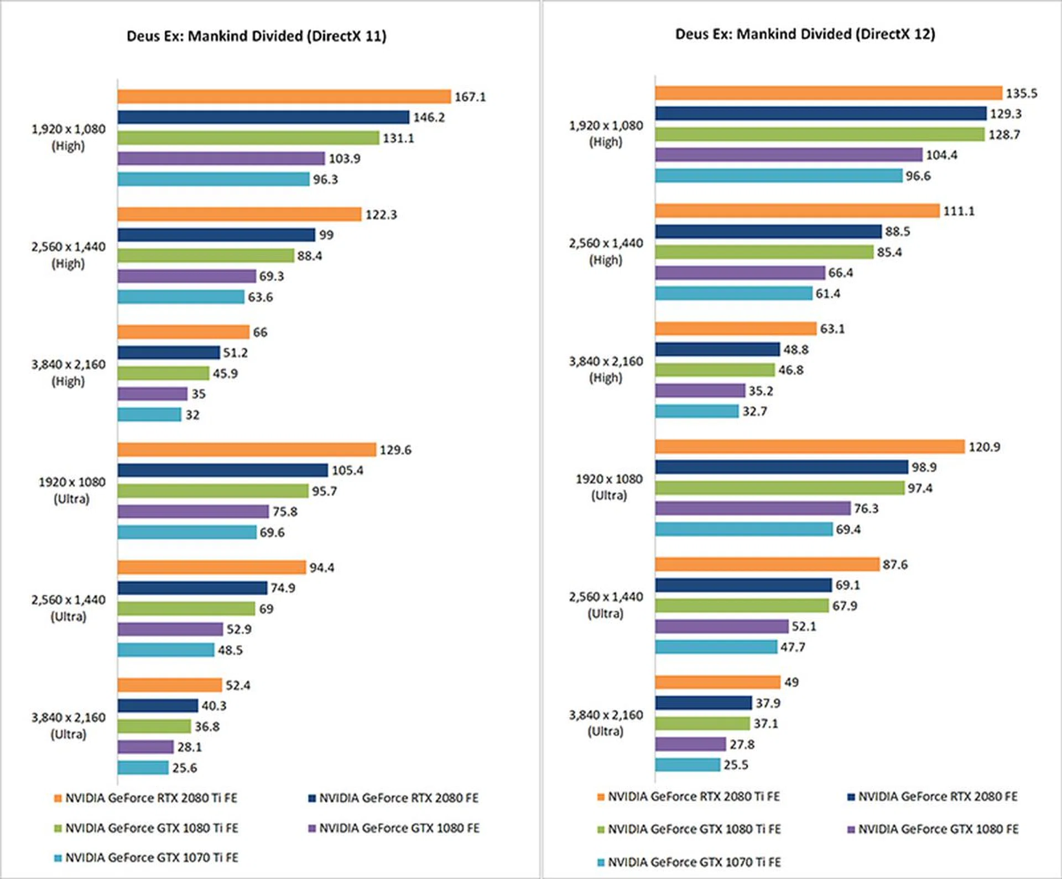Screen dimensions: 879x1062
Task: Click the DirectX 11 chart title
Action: (x=256, y=36)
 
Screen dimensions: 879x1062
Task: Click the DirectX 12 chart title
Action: (x=805, y=34)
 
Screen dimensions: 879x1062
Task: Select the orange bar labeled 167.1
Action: (x=284, y=97)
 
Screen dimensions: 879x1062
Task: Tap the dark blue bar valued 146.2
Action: (x=263, y=117)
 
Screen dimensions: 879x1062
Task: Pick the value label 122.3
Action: (x=381, y=215)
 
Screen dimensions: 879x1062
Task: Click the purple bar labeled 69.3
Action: (x=186, y=276)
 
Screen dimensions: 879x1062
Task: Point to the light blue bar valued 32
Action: (x=149, y=414)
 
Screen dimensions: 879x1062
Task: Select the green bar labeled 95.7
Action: (x=213, y=491)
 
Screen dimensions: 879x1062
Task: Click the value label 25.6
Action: (x=184, y=768)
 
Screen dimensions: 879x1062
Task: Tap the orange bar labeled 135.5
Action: (x=829, y=93)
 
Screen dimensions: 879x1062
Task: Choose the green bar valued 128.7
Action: (x=820, y=134)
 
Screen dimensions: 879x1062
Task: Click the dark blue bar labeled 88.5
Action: (x=768, y=231)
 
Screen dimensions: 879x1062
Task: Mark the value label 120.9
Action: (x=984, y=447)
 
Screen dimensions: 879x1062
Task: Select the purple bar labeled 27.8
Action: (x=690, y=744)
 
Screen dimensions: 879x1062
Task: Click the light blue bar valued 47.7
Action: (x=716, y=647)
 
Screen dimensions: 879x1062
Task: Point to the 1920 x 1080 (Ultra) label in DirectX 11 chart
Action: (x=71, y=491)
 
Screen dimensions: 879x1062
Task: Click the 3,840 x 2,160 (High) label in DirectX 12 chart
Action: (x=606, y=370)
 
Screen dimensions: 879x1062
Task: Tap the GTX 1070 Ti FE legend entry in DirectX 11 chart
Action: (x=147, y=858)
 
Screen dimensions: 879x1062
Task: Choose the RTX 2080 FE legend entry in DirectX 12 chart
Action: (x=933, y=797)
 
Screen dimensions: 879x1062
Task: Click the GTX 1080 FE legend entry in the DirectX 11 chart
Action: (x=394, y=828)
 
